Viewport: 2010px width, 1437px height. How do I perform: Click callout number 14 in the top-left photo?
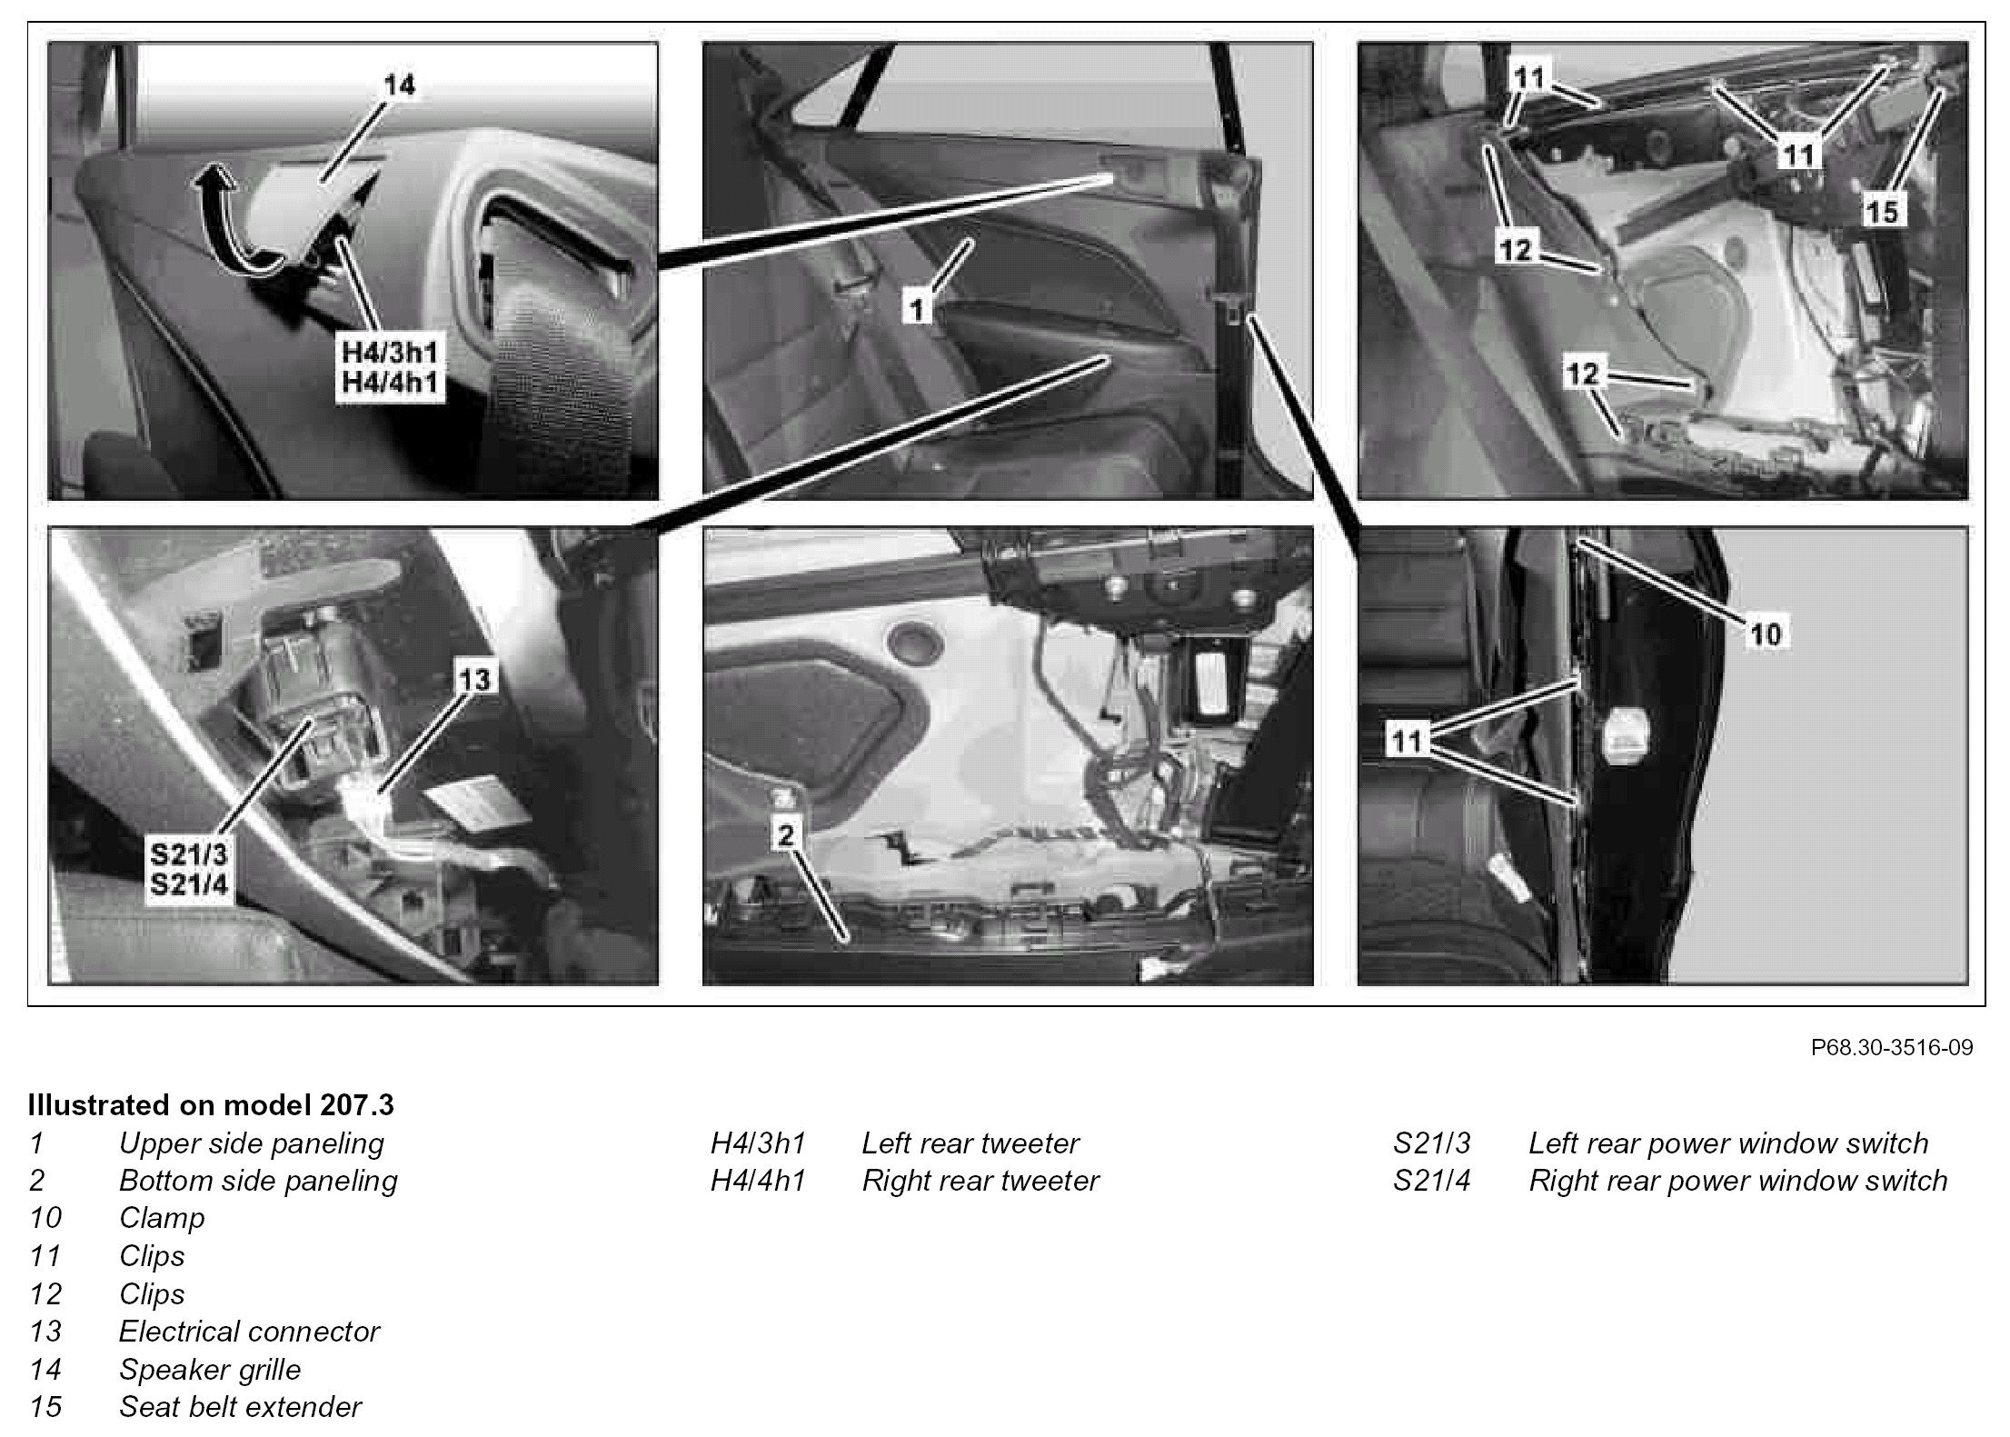[x=399, y=85]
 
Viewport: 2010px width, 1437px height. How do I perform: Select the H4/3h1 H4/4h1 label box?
[x=389, y=368]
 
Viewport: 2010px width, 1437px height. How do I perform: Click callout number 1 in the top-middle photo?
[x=917, y=310]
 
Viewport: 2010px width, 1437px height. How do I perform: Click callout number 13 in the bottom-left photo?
[x=474, y=679]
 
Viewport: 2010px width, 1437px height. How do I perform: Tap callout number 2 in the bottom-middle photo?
[x=786, y=835]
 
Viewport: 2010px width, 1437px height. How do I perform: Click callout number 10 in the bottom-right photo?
[x=1765, y=633]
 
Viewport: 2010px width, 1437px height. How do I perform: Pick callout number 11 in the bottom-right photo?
[x=1407, y=742]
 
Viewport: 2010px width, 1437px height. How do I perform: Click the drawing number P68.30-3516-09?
[x=1892, y=1047]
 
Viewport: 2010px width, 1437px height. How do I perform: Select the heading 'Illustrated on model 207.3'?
[x=211, y=1104]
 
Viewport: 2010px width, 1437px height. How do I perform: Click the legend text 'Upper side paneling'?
[x=252, y=1143]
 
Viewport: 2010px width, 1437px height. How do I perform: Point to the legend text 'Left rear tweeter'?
[x=970, y=1143]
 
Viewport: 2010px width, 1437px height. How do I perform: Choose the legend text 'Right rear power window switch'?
[x=1738, y=1181]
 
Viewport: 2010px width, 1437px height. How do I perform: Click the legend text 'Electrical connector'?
[x=249, y=1331]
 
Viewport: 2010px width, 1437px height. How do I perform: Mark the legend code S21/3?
[x=1431, y=1143]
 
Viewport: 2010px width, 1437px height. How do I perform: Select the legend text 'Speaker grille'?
[x=210, y=1369]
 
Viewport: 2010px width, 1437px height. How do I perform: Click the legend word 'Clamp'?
[x=162, y=1218]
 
